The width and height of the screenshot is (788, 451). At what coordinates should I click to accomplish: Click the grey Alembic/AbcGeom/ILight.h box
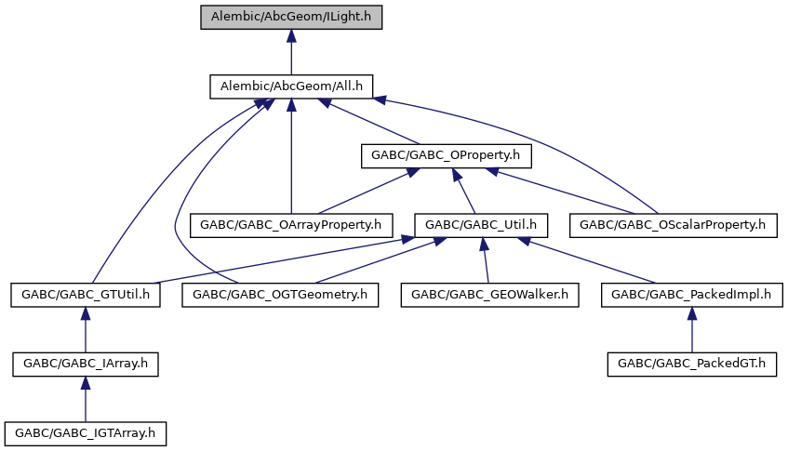pyautogui.click(x=291, y=17)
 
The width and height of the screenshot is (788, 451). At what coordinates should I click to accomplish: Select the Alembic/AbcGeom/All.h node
pyautogui.click(x=291, y=86)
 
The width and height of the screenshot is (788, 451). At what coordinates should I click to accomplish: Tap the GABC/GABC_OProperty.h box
pyautogui.click(x=446, y=155)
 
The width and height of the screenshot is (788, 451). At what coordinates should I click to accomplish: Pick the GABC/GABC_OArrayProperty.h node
pyautogui.click(x=291, y=225)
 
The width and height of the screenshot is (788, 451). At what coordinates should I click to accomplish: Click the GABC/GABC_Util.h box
pyautogui.click(x=481, y=225)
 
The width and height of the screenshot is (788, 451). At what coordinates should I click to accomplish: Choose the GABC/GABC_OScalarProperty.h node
pyautogui.click(x=673, y=225)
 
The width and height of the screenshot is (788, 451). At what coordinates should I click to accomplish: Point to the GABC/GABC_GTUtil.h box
pyautogui.click(x=86, y=295)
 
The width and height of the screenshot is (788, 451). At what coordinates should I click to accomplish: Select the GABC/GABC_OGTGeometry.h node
pyautogui.click(x=280, y=295)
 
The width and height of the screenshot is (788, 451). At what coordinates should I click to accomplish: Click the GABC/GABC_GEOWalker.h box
pyautogui.click(x=489, y=295)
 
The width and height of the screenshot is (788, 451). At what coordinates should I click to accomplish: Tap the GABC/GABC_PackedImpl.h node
pyautogui.click(x=691, y=295)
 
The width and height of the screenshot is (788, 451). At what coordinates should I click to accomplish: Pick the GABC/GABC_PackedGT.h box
pyautogui.click(x=691, y=365)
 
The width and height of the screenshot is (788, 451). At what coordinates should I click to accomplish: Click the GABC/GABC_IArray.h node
pyautogui.click(x=86, y=365)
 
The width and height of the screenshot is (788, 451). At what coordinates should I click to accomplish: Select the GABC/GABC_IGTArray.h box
pyautogui.click(x=86, y=433)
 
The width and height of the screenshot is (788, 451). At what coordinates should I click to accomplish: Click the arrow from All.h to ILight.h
pyautogui.click(x=291, y=52)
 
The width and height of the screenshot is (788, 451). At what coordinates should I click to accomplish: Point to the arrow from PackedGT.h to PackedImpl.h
pyautogui.click(x=691, y=329)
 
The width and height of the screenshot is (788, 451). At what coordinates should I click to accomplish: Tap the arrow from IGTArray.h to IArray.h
pyautogui.click(x=86, y=399)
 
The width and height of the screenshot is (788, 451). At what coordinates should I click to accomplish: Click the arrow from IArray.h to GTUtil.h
pyautogui.click(x=86, y=329)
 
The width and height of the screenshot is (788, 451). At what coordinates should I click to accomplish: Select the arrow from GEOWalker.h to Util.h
pyautogui.click(x=486, y=260)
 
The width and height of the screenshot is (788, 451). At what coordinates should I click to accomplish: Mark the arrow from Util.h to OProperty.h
pyautogui.click(x=463, y=191)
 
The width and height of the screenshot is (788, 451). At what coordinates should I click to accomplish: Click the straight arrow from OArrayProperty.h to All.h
pyautogui.click(x=291, y=155)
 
